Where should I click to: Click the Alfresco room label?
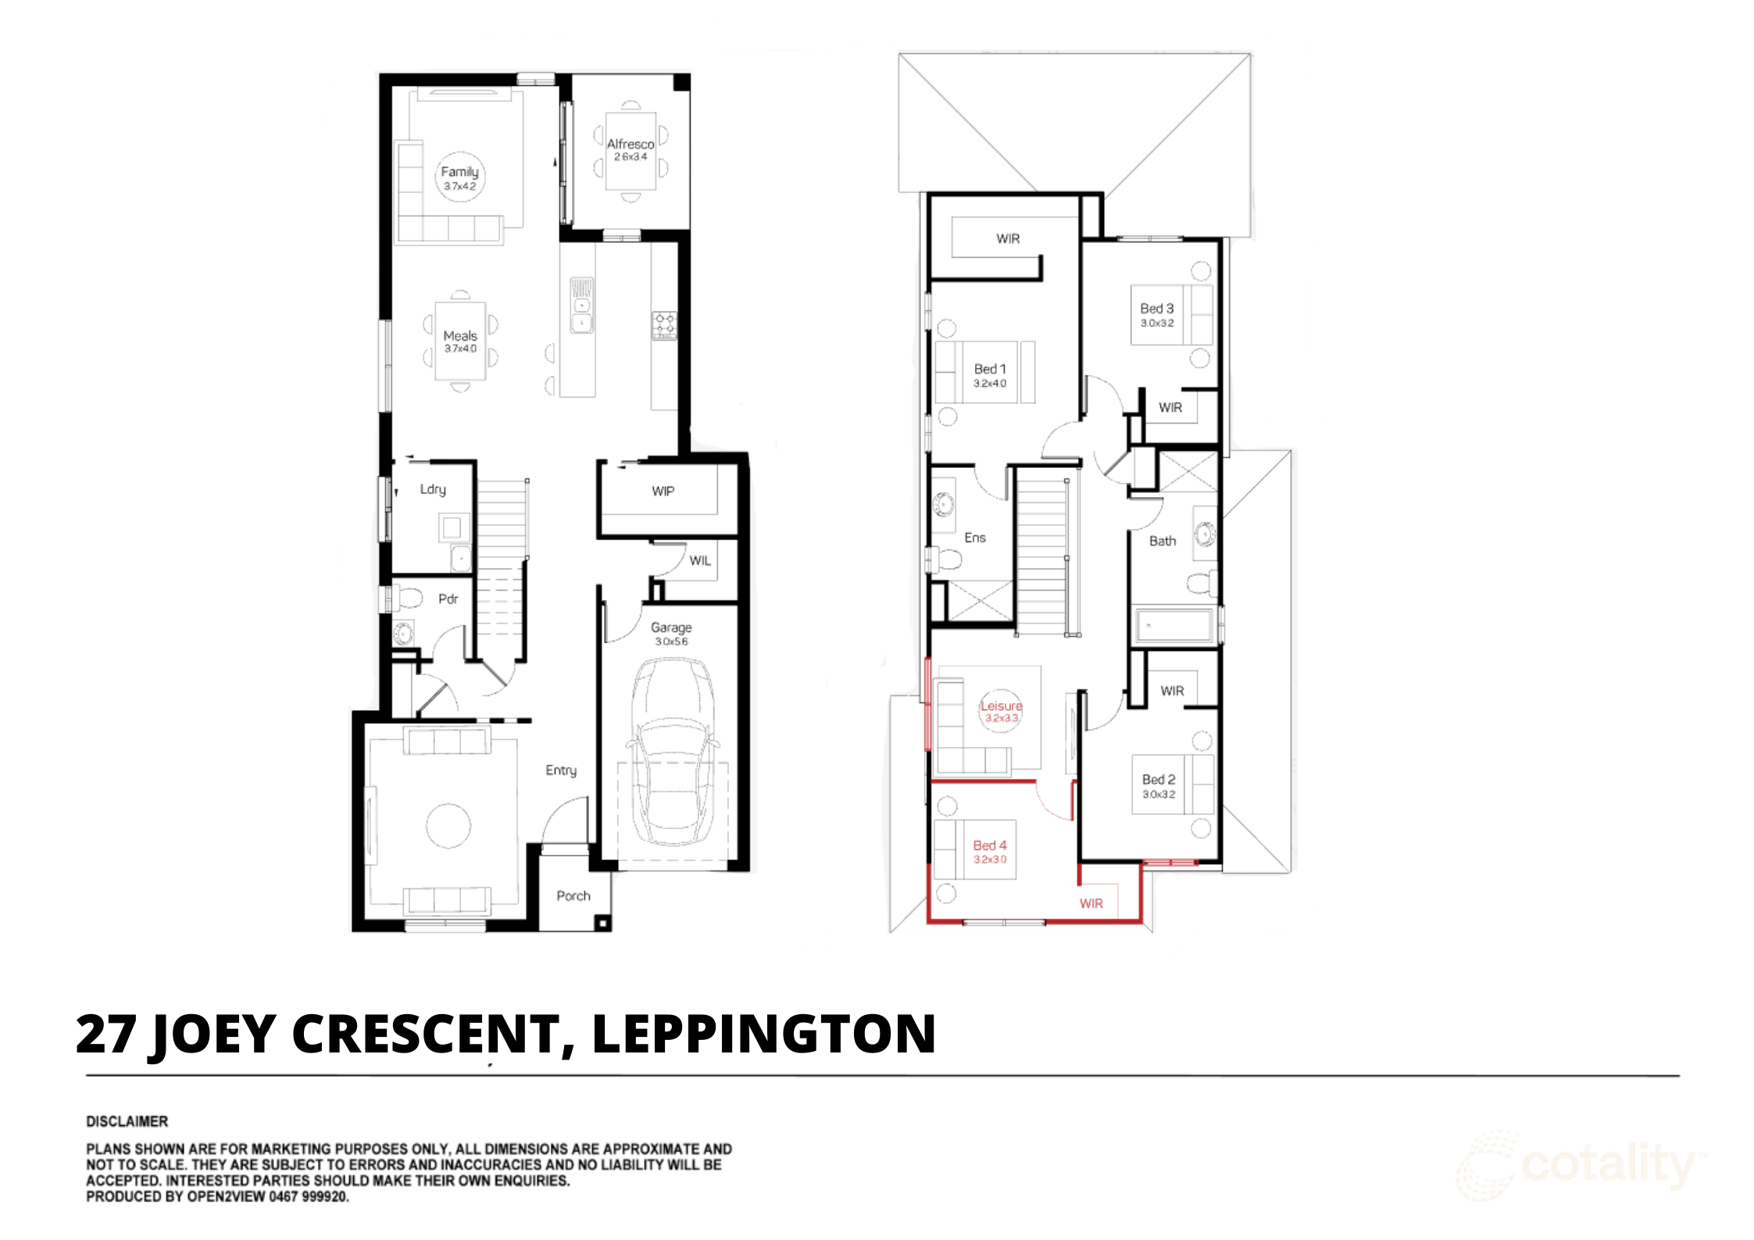point(630,145)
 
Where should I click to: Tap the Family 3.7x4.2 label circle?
point(459,177)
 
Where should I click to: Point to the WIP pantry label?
point(663,491)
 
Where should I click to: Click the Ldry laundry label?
point(433,489)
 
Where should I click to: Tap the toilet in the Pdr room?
point(407,599)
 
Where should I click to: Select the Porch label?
point(573,896)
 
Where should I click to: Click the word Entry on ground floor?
point(561,770)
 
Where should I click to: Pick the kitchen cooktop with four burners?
point(665,325)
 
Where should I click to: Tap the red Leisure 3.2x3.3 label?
point(1001,710)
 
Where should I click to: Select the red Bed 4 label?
point(989,846)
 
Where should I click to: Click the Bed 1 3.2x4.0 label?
point(989,374)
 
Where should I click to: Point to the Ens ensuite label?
point(974,538)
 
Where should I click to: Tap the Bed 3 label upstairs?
point(1156,309)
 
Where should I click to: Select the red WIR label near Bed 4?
point(1091,904)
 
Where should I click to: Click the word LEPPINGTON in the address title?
point(763,1035)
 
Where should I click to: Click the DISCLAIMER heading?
point(127,1121)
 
